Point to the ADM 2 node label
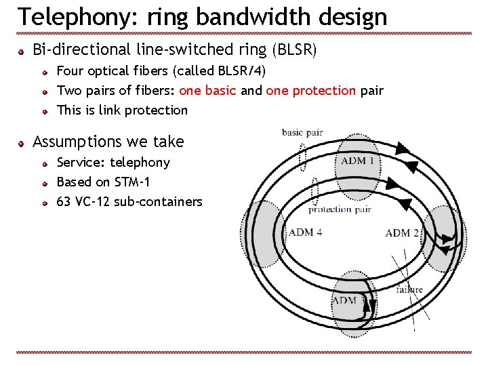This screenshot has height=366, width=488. tap(402, 233)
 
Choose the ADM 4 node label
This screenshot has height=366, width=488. tap(305, 232)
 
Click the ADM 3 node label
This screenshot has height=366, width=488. tap(348, 299)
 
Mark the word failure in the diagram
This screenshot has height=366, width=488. tap(409, 289)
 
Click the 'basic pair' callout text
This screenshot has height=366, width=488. tap(302, 133)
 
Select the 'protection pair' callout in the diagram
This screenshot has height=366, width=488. tap(340, 209)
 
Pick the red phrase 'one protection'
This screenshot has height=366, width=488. tap(311, 90)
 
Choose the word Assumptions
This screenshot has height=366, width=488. tap(75, 142)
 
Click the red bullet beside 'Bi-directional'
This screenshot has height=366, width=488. tap(22, 51)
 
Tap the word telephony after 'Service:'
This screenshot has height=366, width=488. tap(140, 163)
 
